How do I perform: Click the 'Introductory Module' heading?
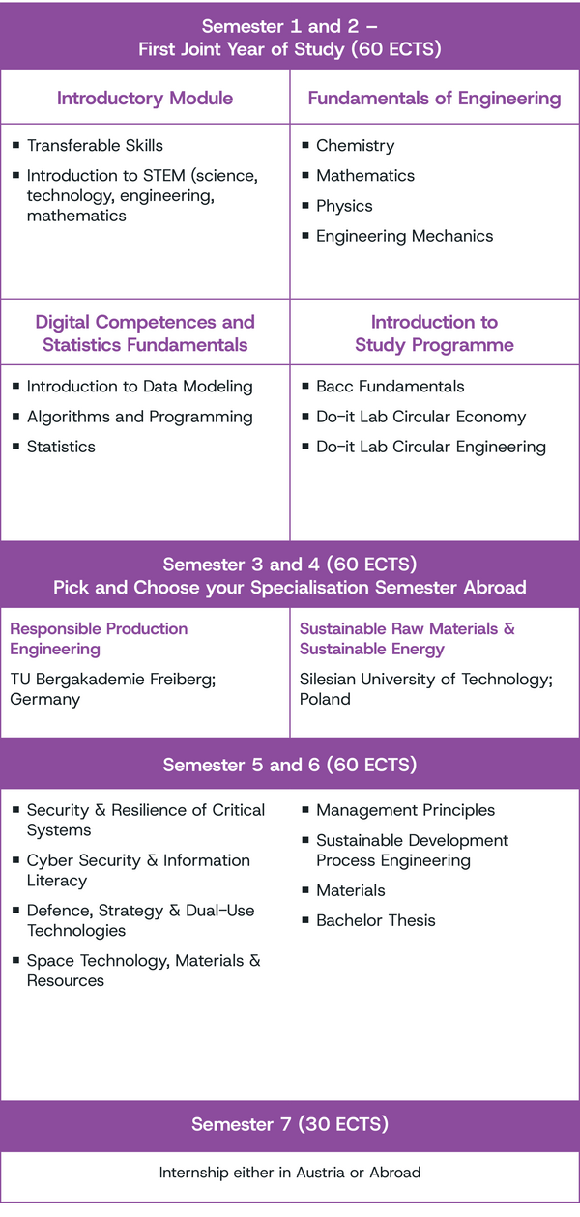[145, 99]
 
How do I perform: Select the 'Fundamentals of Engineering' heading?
[434, 99]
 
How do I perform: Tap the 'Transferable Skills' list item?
[95, 146]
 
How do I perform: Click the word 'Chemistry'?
[355, 146]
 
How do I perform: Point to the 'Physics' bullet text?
[344, 207]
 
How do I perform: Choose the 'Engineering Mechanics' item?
[405, 236]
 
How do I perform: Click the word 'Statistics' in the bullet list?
[61, 447]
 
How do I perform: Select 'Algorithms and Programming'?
[139, 417]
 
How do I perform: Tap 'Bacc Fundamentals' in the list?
[390, 387]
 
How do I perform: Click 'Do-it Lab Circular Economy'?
[420, 417]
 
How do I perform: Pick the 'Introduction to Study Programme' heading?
[434, 333]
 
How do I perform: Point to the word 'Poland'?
[325, 699]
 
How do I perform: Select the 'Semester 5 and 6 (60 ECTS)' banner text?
[290, 765]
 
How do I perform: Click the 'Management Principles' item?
[405, 810]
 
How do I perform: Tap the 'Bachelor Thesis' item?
[376, 920]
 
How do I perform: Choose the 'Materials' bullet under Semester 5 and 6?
[350, 890]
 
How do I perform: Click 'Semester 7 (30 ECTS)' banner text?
[290, 1124]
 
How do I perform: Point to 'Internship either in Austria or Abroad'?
[290, 1173]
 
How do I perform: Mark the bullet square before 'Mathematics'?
[305, 175]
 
